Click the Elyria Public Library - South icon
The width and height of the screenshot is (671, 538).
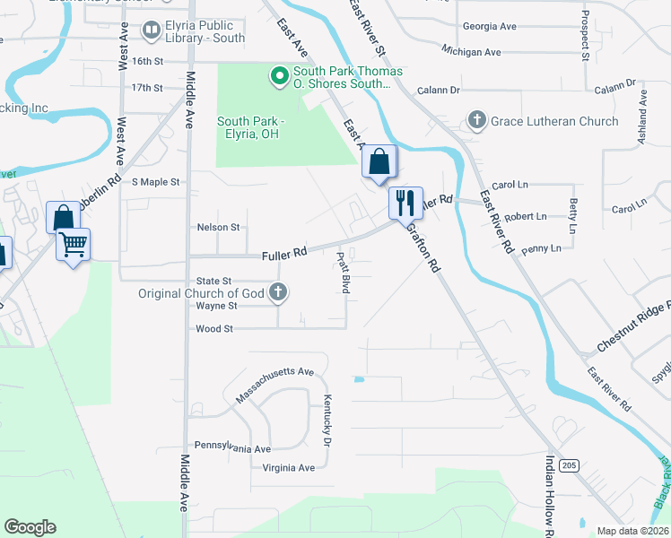point(151,32)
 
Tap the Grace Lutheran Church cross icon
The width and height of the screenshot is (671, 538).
point(476,120)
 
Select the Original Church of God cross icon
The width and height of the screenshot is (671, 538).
point(279,291)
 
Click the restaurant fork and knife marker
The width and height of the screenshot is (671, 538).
point(405,203)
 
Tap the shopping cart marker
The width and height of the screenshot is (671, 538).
point(73,243)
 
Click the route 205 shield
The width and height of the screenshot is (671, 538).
point(567,465)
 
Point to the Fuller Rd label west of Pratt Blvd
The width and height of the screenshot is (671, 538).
point(284,255)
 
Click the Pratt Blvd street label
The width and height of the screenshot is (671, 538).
point(343,273)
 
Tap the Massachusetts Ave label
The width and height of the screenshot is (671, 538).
point(274,383)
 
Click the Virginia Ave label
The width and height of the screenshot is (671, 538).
point(289,468)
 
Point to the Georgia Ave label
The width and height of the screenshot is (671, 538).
point(489,27)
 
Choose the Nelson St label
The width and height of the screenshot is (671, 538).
point(218,228)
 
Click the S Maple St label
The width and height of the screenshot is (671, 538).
point(155,182)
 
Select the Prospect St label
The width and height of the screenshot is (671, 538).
point(585,36)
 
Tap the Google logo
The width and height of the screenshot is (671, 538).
point(30,527)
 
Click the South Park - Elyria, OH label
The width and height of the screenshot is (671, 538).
point(250,127)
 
